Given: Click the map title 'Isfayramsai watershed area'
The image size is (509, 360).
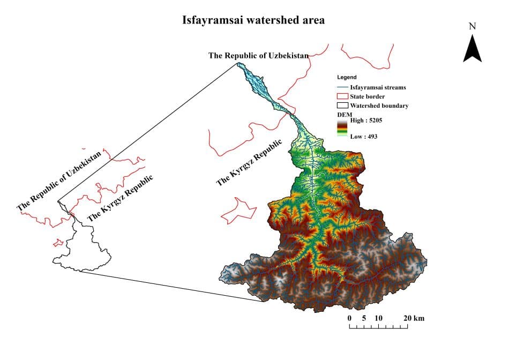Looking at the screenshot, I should point(253,20).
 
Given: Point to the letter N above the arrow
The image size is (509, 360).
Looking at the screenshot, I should point(472,26).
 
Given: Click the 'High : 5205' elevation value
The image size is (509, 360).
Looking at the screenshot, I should point(366,121).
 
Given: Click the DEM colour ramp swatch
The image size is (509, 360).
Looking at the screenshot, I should point(342,129).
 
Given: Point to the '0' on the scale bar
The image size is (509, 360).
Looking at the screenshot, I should point(349,318).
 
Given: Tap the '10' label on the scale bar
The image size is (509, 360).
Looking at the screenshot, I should point(379,318).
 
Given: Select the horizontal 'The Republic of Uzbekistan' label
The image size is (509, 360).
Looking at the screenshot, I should point(259,55).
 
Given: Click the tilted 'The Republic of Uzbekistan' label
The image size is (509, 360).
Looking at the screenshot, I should point(59,180).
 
